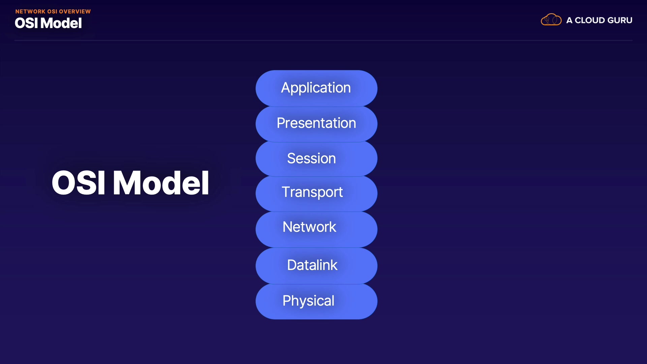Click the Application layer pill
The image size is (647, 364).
[x=316, y=88]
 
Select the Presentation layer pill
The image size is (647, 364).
[x=316, y=124]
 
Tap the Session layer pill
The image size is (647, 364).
[x=316, y=159]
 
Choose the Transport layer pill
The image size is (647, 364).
[x=316, y=194]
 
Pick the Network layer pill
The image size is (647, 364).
[x=316, y=230]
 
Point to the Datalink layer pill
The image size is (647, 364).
[x=316, y=266]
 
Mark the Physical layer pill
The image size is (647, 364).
[x=316, y=302]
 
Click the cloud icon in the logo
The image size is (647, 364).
[x=551, y=20]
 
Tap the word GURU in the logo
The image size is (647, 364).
[x=620, y=20]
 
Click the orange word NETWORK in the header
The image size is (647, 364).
[x=30, y=11]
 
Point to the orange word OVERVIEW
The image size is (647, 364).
[x=75, y=11]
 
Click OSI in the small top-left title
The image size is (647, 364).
[x=26, y=23]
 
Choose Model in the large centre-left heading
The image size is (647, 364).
[x=161, y=183]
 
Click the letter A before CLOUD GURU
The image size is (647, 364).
[x=569, y=20]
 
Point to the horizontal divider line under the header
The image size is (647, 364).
[x=323, y=40]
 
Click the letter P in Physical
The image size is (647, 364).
[x=286, y=300]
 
